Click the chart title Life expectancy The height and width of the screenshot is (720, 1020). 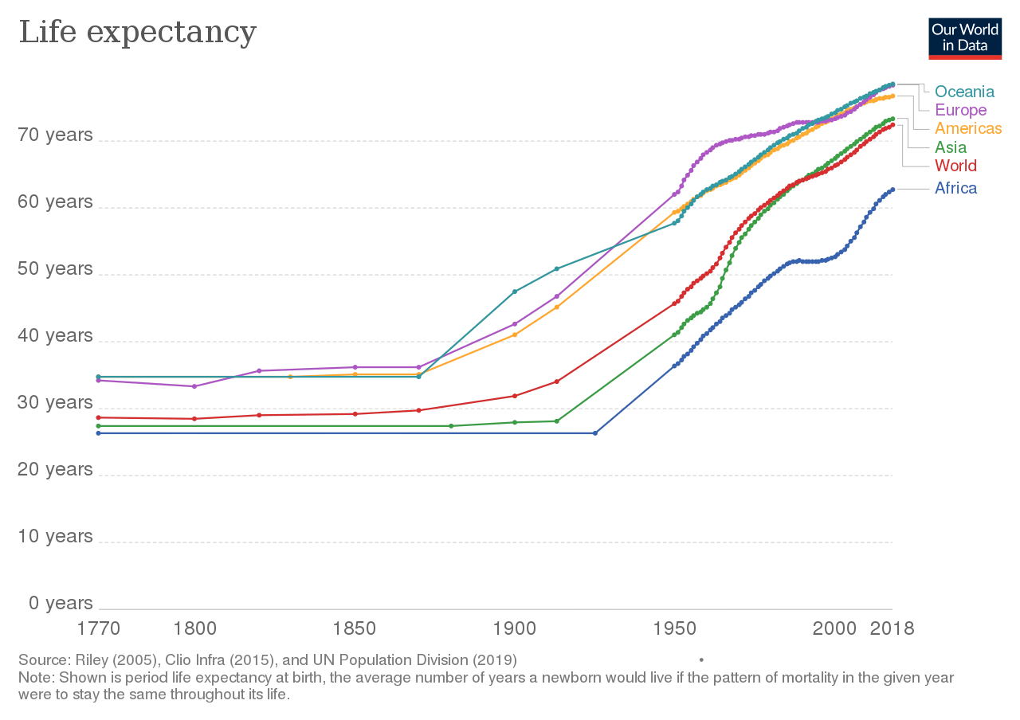(x=137, y=33)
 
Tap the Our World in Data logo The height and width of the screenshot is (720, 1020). (x=964, y=37)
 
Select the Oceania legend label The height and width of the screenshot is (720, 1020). (x=964, y=92)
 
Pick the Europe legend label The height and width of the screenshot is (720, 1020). (x=960, y=110)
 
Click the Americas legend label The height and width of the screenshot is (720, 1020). (x=967, y=128)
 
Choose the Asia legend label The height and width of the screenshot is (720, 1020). (x=950, y=147)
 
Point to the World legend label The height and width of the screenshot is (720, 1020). (x=955, y=166)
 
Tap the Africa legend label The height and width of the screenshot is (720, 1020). (x=955, y=188)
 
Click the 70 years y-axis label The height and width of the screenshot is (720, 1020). (x=55, y=135)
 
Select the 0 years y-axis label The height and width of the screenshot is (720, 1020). (x=61, y=603)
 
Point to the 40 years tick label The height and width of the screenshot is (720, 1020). (x=55, y=335)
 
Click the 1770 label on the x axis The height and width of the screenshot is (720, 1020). (x=98, y=628)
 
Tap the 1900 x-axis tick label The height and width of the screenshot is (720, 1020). (x=515, y=628)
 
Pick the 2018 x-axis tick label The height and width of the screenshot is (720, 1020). (x=891, y=628)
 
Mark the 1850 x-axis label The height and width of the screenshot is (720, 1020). (x=355, y=628)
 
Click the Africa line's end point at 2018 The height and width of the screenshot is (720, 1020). (x=892, y=190)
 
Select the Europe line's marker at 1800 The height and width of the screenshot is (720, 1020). (x=194, y=386)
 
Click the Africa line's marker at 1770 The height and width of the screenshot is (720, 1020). (x=98, y=433)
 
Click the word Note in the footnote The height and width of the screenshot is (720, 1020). (x=33, y=678)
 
